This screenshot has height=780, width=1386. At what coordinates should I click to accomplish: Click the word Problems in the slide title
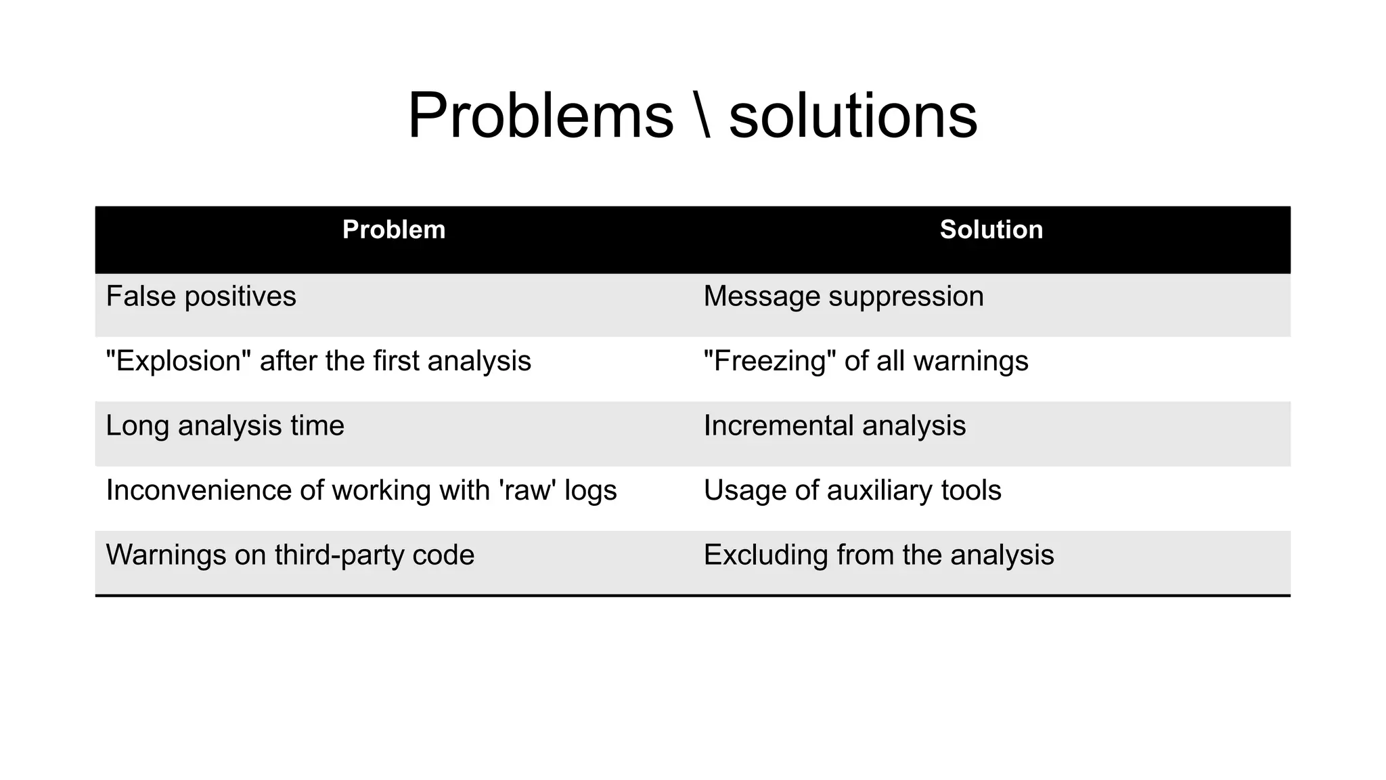pos(541,116)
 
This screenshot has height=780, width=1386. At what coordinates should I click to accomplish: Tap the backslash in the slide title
pos(702,116)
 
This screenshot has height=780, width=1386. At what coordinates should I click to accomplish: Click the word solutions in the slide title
pos(853,116)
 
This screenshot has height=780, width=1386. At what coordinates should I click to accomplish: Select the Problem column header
pos(394,230)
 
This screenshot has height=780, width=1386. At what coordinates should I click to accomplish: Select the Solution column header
pos(991,230)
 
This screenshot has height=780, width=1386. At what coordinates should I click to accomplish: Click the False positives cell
pos(201,297)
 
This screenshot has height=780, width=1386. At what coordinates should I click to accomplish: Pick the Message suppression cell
pos(843,297)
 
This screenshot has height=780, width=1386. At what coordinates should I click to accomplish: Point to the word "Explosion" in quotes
pos(178,361)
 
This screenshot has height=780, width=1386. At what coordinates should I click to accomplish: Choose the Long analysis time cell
pos(225,426)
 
